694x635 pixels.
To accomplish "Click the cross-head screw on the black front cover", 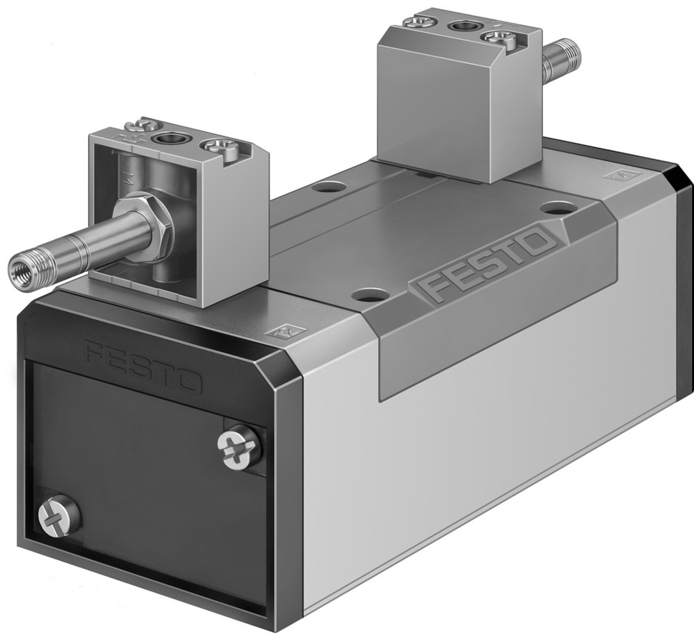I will [x=238, y=447].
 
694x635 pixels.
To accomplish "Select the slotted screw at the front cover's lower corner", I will [x=59, y=516].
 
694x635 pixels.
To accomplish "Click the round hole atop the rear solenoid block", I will [x=460, y=27].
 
